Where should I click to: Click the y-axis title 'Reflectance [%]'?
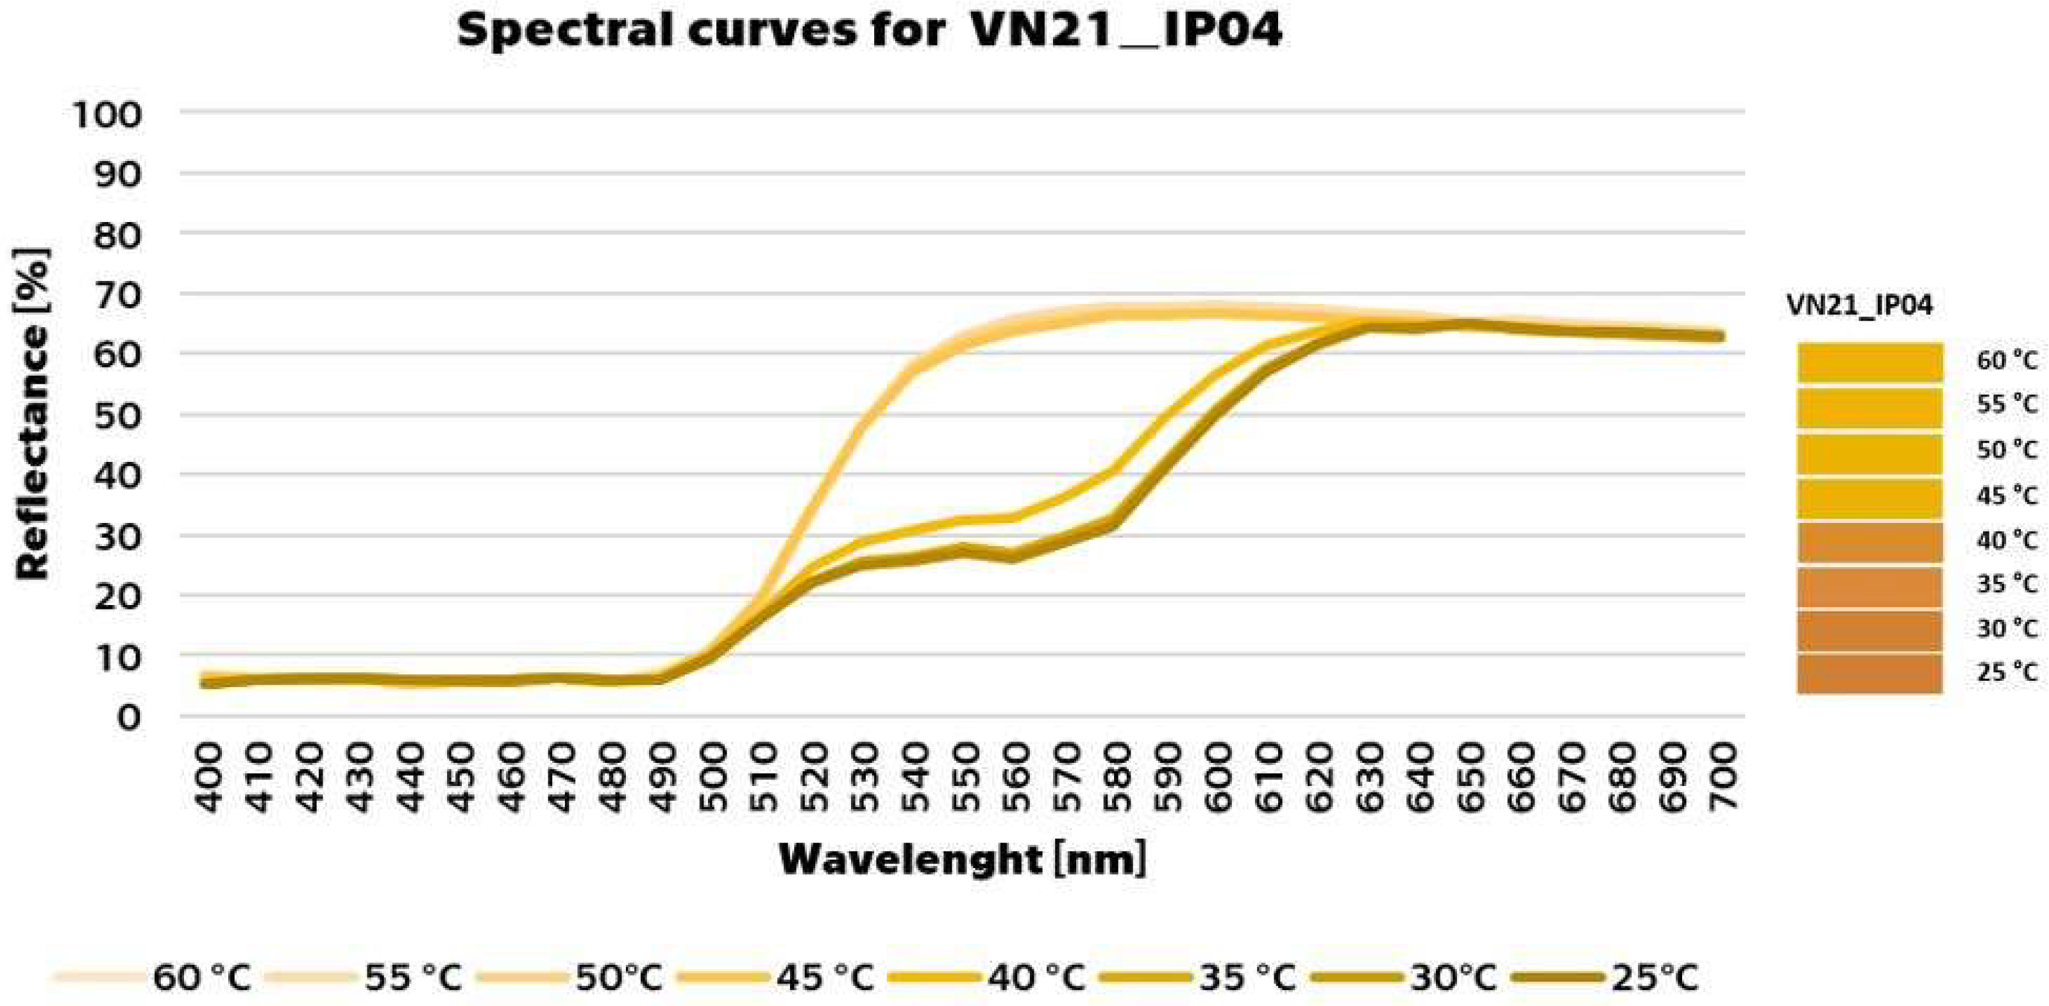pyautogui.click(x=32, y=414)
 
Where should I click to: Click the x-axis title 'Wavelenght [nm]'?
pyautogui.click(x=963, y=860)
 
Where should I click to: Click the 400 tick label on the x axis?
pyautogui.click(x=208, y=778)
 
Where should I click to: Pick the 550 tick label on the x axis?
pyautogui.click(x=966, y=778)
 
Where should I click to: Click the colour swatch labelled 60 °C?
pyautogui.click(x=1869, y=362)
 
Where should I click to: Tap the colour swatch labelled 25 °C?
pyautogui.click(x=1869, y=673)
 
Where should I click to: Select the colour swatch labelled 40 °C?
pyautogui.click(x=1869, y=541)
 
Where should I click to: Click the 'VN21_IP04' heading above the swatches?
pyautogui.click(x=1859, y=305)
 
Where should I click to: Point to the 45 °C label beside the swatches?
pyautogui.click(x=2007, y=496)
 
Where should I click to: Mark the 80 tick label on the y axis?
pyautogui.click(x=118, y=235)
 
